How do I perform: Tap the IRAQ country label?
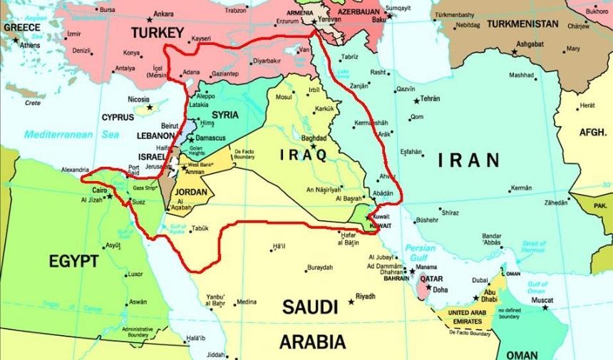point(303,155)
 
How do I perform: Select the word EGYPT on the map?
point(73,262)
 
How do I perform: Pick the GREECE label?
point(21,27)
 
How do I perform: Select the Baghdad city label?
point(314,138)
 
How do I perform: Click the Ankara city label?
point(163,14)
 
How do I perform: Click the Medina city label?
point(247,302)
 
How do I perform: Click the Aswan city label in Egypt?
point(138,302)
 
